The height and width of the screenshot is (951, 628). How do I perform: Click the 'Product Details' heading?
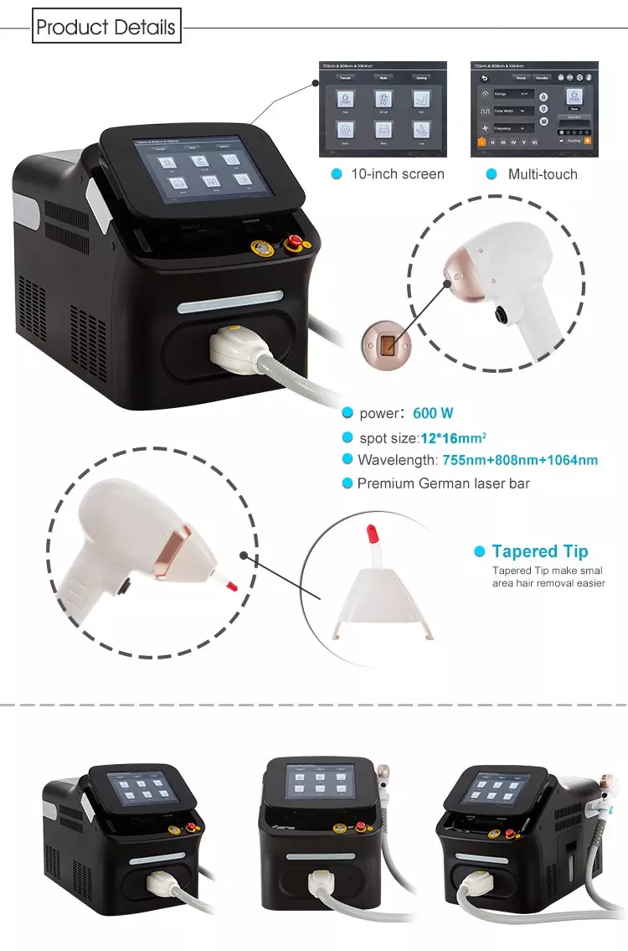106,27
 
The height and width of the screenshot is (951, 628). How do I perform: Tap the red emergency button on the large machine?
294,244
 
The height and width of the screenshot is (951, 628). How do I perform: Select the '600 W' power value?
434,413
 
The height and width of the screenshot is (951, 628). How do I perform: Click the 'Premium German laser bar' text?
443,483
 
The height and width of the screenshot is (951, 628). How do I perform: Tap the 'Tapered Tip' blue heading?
540,551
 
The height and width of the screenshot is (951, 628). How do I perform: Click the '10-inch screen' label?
398,174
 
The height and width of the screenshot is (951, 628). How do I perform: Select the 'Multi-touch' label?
543,174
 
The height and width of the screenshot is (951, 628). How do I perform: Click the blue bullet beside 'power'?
347,413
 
